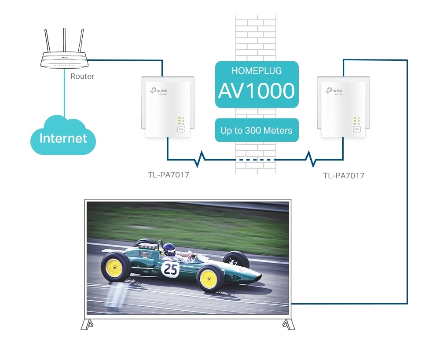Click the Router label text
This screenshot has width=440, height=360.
82,76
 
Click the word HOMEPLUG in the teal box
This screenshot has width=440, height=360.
257,71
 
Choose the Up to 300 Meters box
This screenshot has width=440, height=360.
257,131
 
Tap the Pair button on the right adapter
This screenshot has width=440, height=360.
356,129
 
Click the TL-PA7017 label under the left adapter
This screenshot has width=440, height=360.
169,176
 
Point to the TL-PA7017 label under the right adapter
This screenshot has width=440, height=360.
344,176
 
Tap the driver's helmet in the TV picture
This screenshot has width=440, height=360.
169,249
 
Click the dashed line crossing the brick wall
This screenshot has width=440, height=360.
256,159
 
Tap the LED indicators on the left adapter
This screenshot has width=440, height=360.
180,121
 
